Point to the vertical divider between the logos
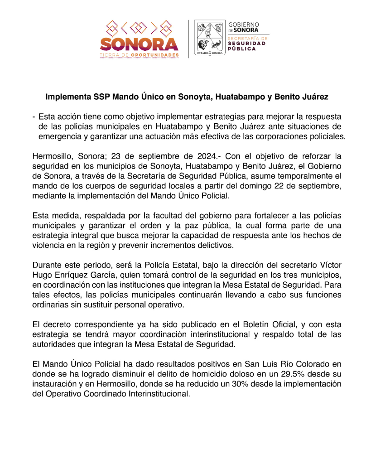click(x=188, y=39)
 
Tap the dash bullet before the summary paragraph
click(x=34, y=117)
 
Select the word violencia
click(x=49, y=246)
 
